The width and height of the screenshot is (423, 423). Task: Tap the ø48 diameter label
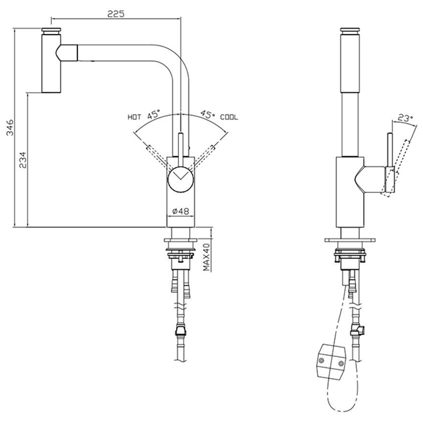(180, 211)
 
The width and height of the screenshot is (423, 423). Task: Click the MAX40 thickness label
(206, 256)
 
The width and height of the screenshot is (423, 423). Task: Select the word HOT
(134, 117)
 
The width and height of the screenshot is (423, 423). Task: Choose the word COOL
(229, 117)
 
